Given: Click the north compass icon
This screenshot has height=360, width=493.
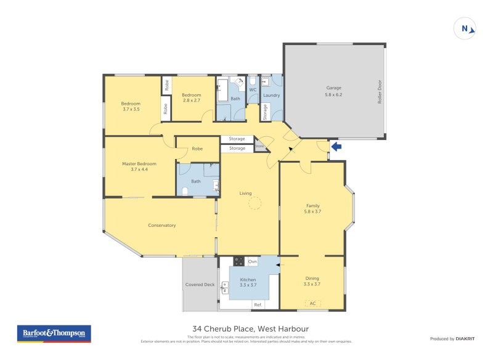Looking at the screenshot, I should coord(465,28).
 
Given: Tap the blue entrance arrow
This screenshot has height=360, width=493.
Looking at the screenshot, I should coord(336,147).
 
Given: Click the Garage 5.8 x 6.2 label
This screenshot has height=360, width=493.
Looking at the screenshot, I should coord(333,91).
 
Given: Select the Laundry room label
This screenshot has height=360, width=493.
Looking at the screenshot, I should coord(271,96).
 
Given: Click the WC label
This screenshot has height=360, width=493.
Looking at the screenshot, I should coord(252,90).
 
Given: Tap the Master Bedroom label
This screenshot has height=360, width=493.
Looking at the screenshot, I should coord(139,166).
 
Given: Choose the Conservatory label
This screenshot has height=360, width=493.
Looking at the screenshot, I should coord(161,225).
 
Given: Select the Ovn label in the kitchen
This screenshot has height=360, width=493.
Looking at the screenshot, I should coord(251,262).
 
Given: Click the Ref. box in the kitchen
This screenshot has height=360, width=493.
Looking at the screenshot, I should coord(258,305).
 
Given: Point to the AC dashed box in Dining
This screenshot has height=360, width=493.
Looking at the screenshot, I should coord(312,303).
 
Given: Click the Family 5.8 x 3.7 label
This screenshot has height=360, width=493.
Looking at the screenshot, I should coord(312,208).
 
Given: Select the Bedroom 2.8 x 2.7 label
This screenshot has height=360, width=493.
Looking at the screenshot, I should coord(192,97).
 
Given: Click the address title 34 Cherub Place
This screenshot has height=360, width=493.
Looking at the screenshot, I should coord(250,329).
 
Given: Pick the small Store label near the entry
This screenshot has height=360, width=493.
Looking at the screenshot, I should coord(259,146).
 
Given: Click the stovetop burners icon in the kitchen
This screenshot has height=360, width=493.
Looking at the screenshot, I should coord(238,261).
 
